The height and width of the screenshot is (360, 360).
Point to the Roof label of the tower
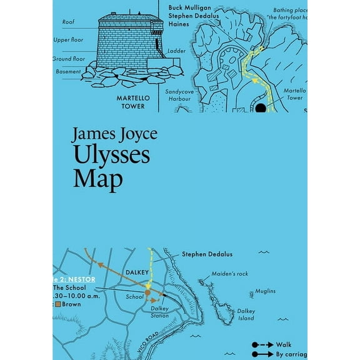(68, 22)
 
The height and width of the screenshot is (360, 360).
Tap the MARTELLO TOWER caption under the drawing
(131, 102)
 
